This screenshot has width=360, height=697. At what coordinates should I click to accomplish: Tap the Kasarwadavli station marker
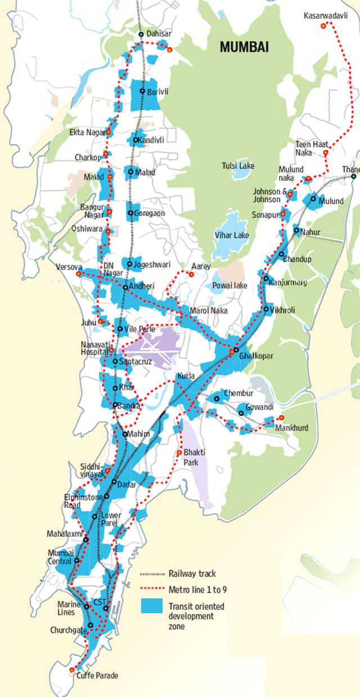[x=323, y=25]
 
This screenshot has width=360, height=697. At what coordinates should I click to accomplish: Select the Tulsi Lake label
[x=237, y=166]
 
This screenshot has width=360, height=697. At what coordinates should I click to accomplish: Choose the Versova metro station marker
[x=78, y=273]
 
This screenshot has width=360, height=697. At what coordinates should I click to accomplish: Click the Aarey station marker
[x=191, y=275]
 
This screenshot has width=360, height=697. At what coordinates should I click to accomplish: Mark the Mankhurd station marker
[x=281, y=417]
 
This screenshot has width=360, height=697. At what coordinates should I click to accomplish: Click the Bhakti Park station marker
[x=179, y=452]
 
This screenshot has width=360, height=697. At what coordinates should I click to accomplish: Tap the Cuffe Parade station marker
[x=71, y=669]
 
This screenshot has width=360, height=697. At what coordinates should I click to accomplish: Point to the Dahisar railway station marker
[x=142, y=34]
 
